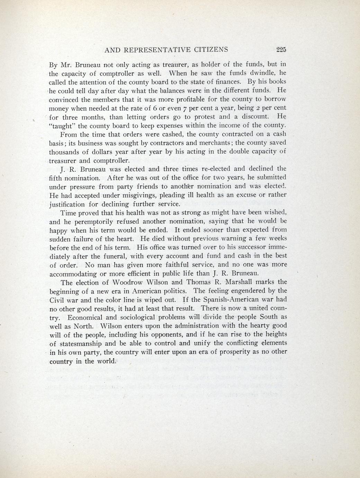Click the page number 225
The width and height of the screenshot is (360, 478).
[x=281, y=50]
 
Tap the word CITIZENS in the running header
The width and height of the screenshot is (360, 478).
[x=212, y=50]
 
